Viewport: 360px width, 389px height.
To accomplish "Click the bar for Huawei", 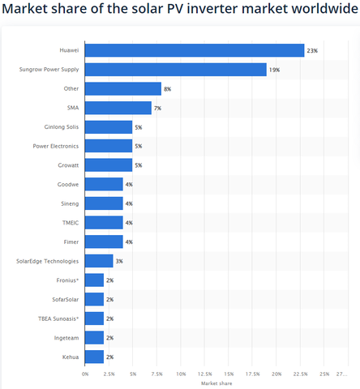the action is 195,50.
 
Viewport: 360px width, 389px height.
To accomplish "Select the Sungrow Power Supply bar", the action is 176,70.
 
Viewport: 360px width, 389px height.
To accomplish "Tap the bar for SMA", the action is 118,108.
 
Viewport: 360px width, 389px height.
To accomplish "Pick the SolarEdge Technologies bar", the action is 99,261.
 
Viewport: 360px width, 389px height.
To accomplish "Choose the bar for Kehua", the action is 94,357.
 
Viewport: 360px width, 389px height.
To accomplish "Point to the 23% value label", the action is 312,51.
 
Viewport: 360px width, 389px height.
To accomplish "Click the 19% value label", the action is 274,70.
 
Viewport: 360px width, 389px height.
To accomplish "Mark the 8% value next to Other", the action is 167,89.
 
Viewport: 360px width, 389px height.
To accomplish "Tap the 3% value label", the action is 119,261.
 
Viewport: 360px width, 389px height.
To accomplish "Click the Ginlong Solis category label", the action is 62,127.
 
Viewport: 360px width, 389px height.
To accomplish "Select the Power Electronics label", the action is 56,146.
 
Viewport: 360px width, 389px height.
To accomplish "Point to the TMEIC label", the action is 71,223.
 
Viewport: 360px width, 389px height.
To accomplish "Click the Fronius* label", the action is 67,280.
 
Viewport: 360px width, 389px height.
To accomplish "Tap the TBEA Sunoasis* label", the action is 58,318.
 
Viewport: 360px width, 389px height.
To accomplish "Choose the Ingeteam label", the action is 66,338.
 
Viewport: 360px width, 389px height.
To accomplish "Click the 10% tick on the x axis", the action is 181,374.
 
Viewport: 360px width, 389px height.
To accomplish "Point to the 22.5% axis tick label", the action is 300,374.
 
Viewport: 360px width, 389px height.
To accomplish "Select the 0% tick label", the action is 85,374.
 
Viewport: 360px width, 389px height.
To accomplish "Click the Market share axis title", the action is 216,383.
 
